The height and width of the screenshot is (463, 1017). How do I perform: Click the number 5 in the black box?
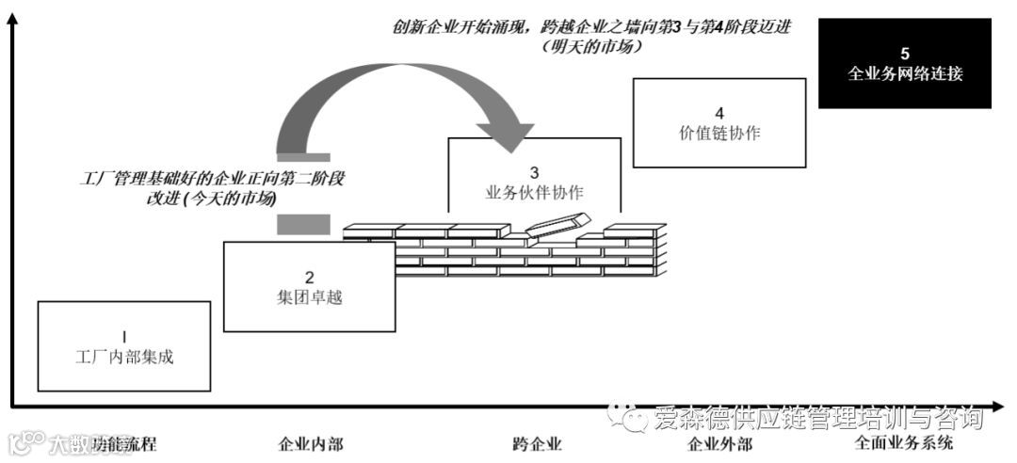(905, 54)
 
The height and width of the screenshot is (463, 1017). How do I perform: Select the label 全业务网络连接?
(905, 73)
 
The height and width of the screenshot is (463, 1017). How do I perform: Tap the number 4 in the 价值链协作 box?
(719, 114)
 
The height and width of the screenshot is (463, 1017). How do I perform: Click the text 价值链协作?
(719, 134)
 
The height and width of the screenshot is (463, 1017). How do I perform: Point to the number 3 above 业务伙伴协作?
(534, 172)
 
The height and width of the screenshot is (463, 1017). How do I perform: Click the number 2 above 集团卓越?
(309, 277)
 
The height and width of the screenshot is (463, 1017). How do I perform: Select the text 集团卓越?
(309, 296)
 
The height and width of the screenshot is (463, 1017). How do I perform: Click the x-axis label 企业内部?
(311, 443)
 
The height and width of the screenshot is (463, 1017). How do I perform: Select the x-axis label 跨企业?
(537, 443)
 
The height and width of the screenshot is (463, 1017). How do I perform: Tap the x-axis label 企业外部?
(720, 443)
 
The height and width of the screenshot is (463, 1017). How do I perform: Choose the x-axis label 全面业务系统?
(904, 443)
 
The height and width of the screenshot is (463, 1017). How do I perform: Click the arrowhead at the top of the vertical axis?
(12, 21)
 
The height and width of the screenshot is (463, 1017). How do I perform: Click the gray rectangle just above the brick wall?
(304, 223)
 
